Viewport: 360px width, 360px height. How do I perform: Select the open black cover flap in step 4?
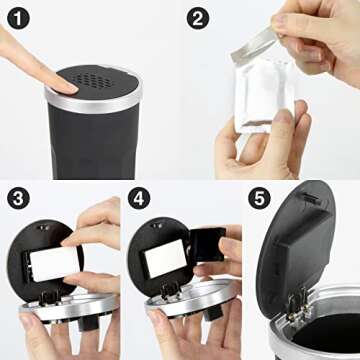click(207, 247)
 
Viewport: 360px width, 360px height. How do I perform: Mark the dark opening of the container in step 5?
click(335, 335)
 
